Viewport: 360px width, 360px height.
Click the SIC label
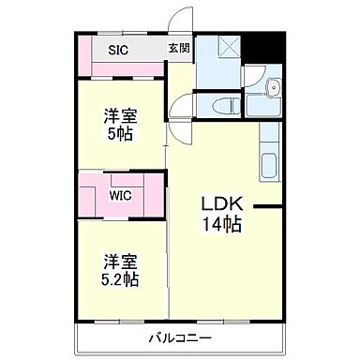(x=118, y=51)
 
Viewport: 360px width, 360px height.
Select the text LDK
(x=221, y=204)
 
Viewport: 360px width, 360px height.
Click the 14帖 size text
(x=222, y=224)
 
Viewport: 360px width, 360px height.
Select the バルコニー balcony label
(x=178, y=338)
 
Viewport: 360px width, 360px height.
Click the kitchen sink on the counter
(x=268, y=163)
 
